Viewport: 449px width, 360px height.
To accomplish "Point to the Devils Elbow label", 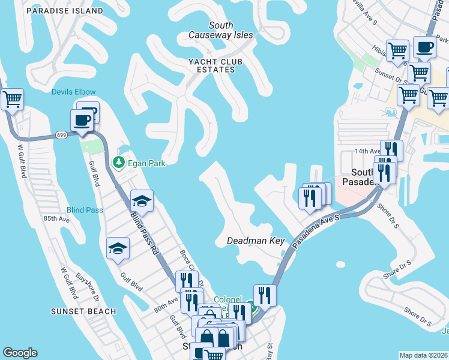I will (x=73, y=92).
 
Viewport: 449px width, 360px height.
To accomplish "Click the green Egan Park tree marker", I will (x=119, y=162).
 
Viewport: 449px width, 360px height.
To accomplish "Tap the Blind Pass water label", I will (x=85, y=210).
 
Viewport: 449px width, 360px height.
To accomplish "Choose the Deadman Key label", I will (x=255, y=241).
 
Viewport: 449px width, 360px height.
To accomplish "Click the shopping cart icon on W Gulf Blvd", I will (x=11, y=99).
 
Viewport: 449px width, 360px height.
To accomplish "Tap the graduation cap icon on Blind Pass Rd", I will (x=142, y=200).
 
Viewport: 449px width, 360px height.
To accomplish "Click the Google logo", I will (x=20, y=353).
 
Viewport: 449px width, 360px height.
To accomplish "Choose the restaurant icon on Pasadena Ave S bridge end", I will (x=264, y=294).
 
